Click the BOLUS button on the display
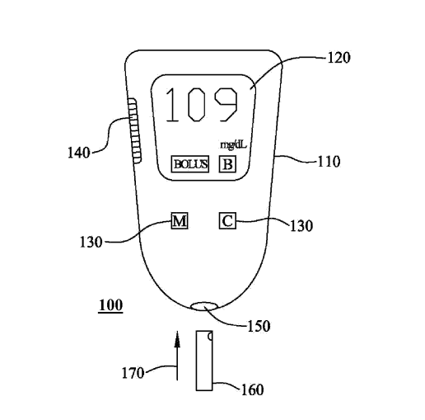[x=190, y=164]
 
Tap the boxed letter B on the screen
[x=227, y=164]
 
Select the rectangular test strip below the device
[x=205, y=361]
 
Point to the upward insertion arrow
[x=176, y=355]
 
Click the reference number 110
[x=329, y=162]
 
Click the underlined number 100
[x=110, y=306]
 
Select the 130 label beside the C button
[x=301, y=224]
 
